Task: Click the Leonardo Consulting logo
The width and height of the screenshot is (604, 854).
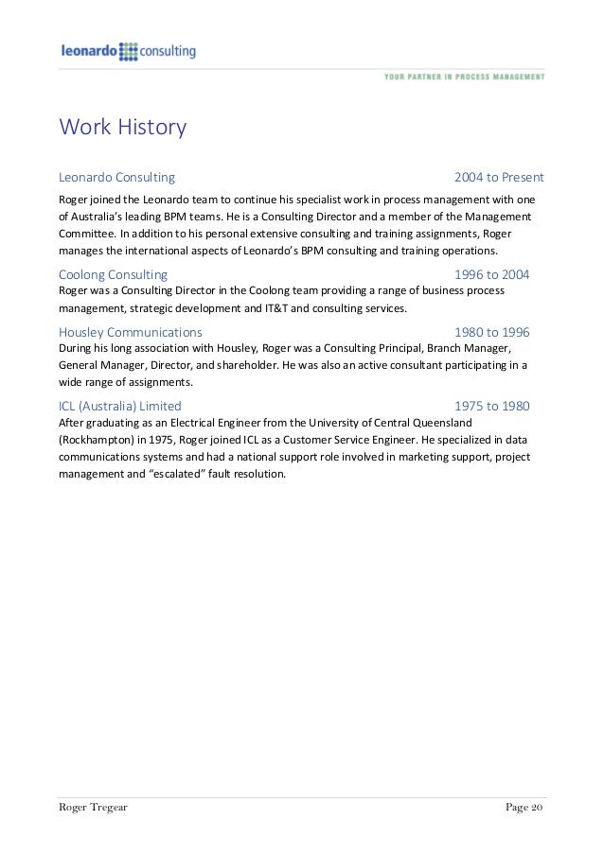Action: pos(127,51)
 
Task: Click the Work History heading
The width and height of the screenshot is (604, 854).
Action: pos(123,126)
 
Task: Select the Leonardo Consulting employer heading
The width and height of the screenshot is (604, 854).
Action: pos(116,177)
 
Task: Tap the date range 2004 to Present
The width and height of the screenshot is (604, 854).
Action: pos(498,177)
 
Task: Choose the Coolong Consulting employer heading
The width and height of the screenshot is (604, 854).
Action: pos(113,274)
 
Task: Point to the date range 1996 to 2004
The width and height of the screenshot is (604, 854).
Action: pos(492,274)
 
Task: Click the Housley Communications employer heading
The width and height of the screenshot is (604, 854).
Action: pos(131,332)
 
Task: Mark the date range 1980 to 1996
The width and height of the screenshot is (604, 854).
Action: pos(492,332)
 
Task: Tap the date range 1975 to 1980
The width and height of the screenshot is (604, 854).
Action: pos(492,406)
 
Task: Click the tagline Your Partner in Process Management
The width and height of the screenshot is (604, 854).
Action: pos(464,77)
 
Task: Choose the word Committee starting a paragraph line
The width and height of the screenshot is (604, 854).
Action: pos(87,234)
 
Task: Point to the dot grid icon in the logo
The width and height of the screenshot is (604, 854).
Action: pos(130,51)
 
